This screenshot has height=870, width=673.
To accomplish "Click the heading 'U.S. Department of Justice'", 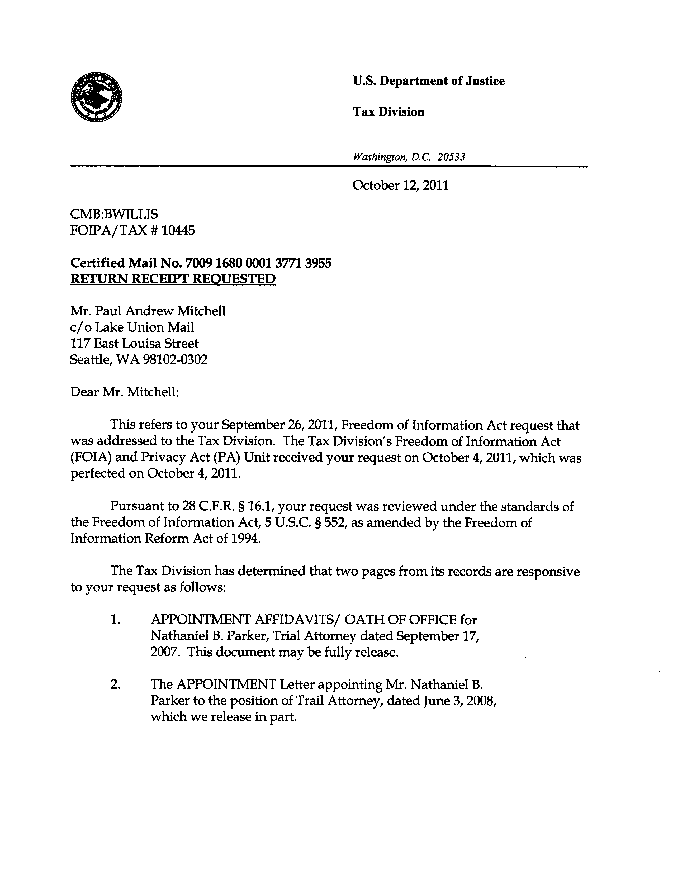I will pyautogui.click(x=428, y=81).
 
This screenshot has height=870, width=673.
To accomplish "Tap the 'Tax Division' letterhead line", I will pyautogui.click(x=388, y=112).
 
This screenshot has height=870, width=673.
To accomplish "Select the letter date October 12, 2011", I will pyautogui.click(x=400, y=186).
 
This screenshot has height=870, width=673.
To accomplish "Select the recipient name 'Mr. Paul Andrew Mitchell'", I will pyautogui.click(x=148, y=311).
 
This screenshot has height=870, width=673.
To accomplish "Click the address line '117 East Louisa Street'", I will pyautogui.click(x=134, y=343).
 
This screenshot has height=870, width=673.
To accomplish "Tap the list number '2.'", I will pyautogui.click(x=115, y=684).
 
